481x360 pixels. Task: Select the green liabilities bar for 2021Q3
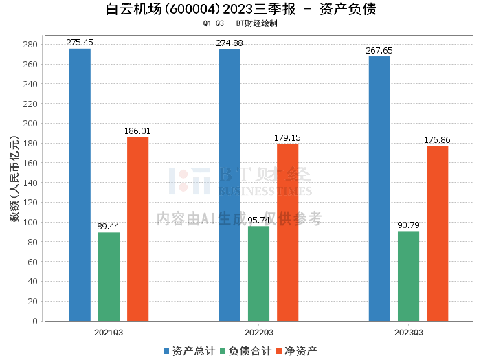109,276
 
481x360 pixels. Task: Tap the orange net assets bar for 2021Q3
137,229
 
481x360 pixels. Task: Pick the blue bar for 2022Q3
230,185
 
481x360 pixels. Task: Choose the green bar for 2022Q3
258,273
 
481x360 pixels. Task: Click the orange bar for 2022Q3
287,232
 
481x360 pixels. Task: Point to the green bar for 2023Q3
408,275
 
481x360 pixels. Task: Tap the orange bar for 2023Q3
437,233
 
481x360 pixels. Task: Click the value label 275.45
80,43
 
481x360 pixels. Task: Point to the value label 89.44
109,227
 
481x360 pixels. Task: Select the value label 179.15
287,137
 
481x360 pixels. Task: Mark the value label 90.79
408,225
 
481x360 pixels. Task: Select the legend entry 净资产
296,351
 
